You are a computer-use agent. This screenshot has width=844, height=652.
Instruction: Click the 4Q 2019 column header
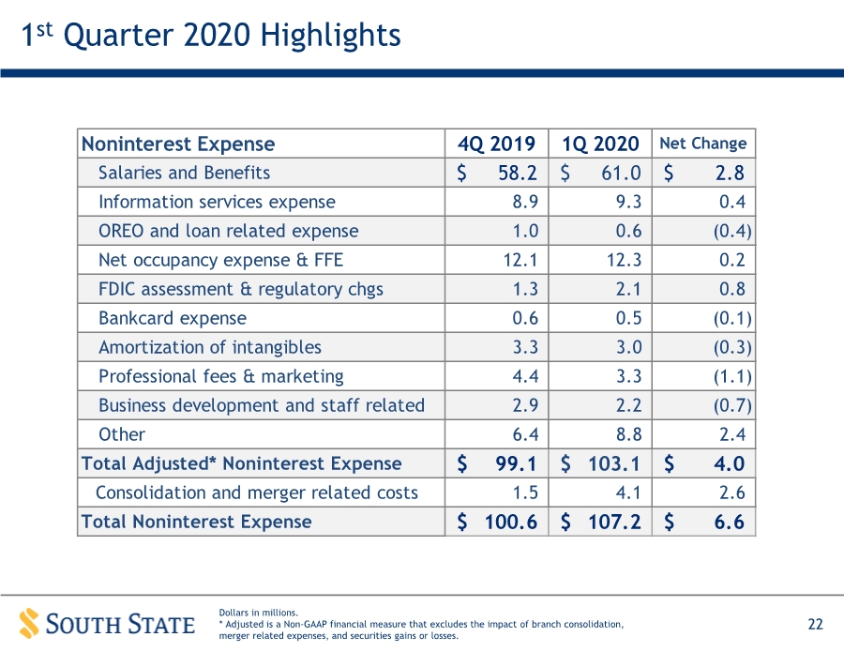pos(496,144)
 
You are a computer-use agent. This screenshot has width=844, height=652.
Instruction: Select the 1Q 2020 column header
pos(600,144)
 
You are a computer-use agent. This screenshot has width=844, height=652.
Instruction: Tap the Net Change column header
pos(703,144)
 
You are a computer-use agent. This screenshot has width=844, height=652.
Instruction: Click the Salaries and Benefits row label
pos(184,173)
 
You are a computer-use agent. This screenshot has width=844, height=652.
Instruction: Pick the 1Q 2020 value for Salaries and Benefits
pos(621,173)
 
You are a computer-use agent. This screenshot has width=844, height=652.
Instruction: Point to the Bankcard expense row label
pos(173,318)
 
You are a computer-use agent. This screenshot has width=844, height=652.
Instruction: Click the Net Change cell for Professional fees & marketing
pos(732,376)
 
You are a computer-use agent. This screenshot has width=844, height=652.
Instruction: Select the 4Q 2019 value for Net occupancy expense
pos(520,260)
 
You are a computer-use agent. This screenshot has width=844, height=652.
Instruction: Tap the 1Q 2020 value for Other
pos(628,434)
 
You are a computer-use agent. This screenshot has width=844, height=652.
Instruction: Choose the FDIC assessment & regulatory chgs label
pos(241,289)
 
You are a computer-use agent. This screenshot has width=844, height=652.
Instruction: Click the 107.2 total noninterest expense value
pos(614,522)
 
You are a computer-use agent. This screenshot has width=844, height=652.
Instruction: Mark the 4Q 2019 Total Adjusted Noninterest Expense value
pos(516,463)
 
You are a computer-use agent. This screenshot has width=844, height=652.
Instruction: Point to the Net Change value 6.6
pos(730,522)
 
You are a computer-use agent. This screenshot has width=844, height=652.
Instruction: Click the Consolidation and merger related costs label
pos(257,493)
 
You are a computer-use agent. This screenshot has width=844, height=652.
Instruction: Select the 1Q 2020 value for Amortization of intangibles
pos(628,347)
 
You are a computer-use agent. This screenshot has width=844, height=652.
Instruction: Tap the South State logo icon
pos(29,624)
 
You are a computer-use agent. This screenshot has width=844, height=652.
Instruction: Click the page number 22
pos(816,624)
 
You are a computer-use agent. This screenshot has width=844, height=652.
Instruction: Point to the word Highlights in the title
pos(330,36)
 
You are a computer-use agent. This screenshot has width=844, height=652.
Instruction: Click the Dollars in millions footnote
pos(259,613)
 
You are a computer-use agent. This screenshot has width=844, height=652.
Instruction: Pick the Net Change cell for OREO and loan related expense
pos(732,231)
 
